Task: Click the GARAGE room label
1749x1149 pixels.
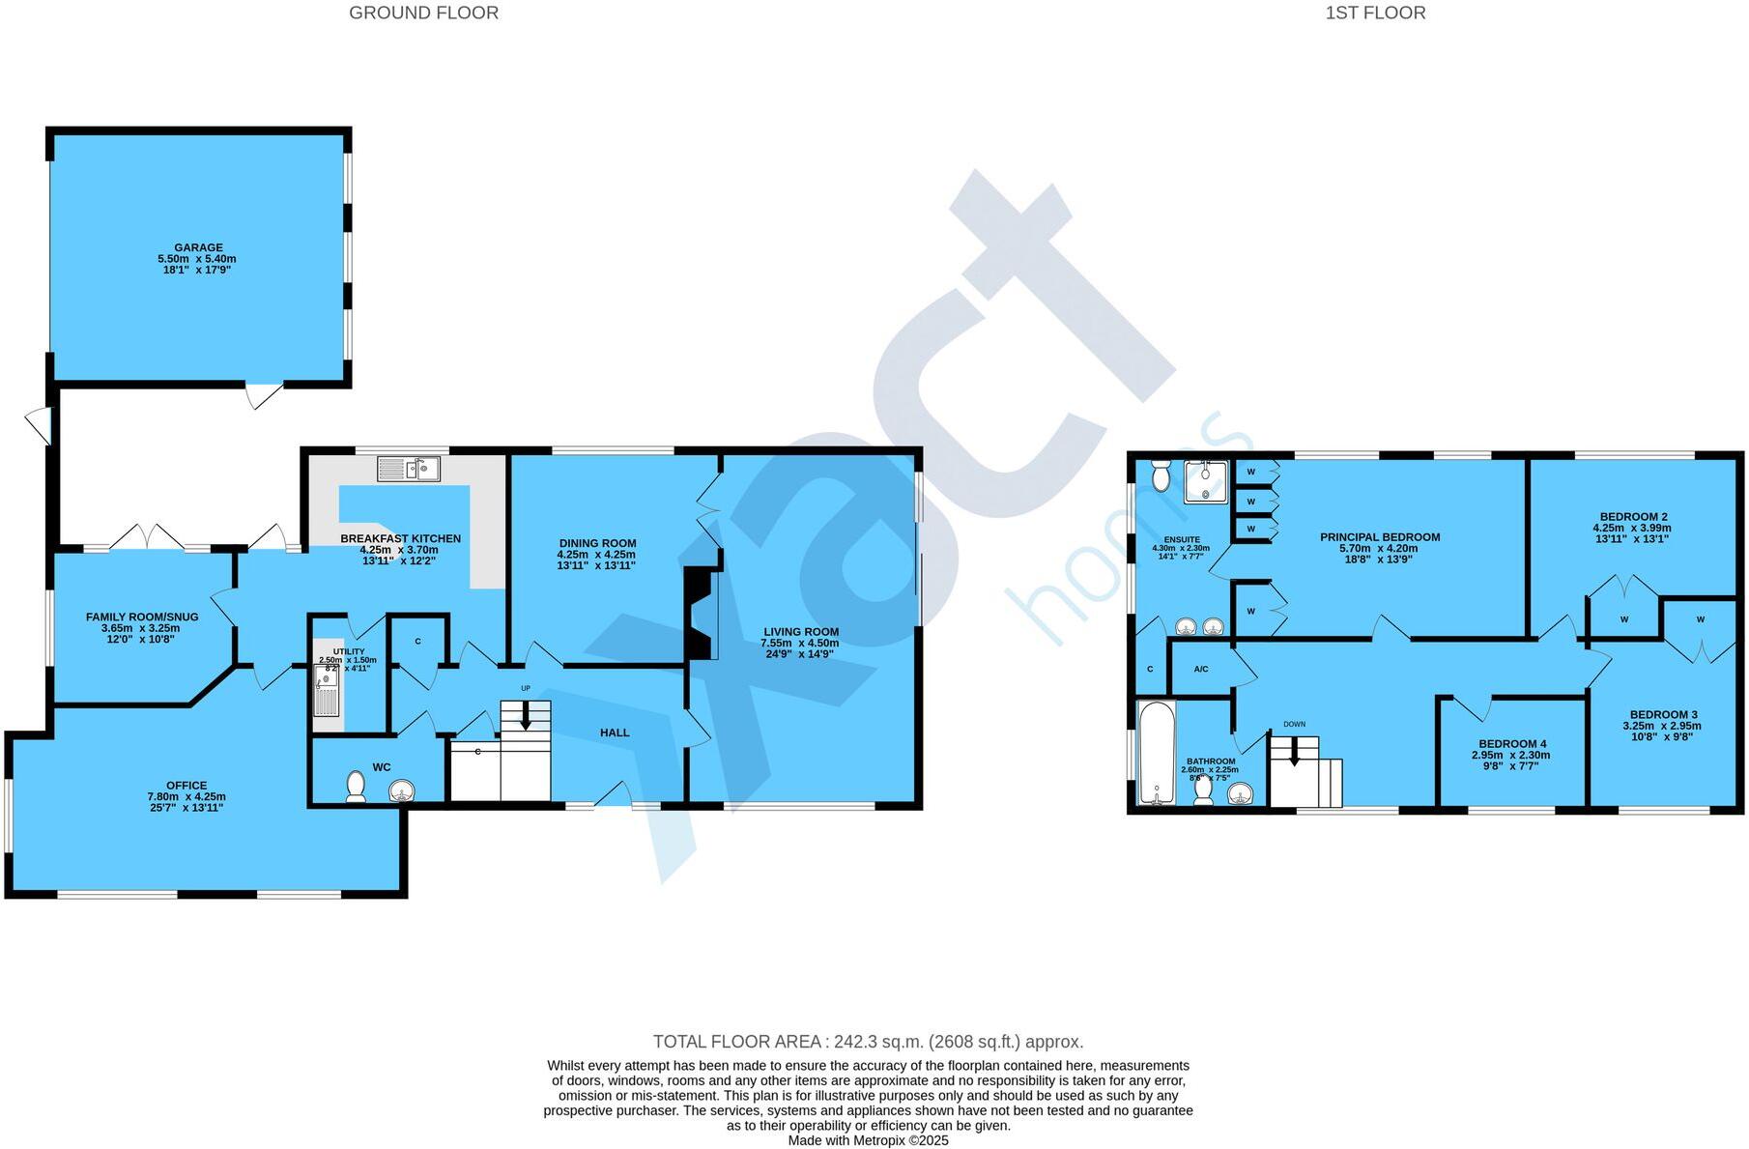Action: click(198, 247)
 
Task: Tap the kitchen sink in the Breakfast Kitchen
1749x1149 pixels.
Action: click(410, 469)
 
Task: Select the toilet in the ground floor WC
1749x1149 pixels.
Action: click(356, 786)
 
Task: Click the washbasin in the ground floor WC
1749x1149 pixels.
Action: click(401, 791)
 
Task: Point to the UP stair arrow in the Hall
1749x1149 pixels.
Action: click(526, 717)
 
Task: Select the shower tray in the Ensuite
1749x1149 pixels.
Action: click(1206, 482)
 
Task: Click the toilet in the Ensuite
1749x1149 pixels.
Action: click(1161, 474)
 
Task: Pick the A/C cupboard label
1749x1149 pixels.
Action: click(1201, 669)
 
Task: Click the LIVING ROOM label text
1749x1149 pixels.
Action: click(801, 632)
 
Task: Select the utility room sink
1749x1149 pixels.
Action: click(327, 691)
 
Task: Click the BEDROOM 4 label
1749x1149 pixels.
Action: click(1512, 744)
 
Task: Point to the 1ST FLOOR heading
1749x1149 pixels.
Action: click(1375, 13)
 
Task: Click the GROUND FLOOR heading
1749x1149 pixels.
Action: click(423, 13)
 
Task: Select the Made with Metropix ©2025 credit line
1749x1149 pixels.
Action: click(868, 1140)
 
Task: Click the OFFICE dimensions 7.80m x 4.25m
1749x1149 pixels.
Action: click(186, 797)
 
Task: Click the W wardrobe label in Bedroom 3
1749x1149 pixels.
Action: click(1700, 619)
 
